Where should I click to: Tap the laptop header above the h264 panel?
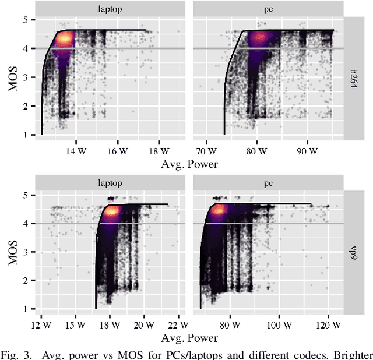[111, 9]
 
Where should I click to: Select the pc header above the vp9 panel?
[269, 183]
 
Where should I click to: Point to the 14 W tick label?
[73, 151]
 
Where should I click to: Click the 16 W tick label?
[118, 151]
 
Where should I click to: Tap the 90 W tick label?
[307, 151]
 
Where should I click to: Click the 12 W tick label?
[39, 325]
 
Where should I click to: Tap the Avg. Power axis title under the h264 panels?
[190, 164]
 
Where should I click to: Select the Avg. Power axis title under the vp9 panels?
[190, 338]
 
